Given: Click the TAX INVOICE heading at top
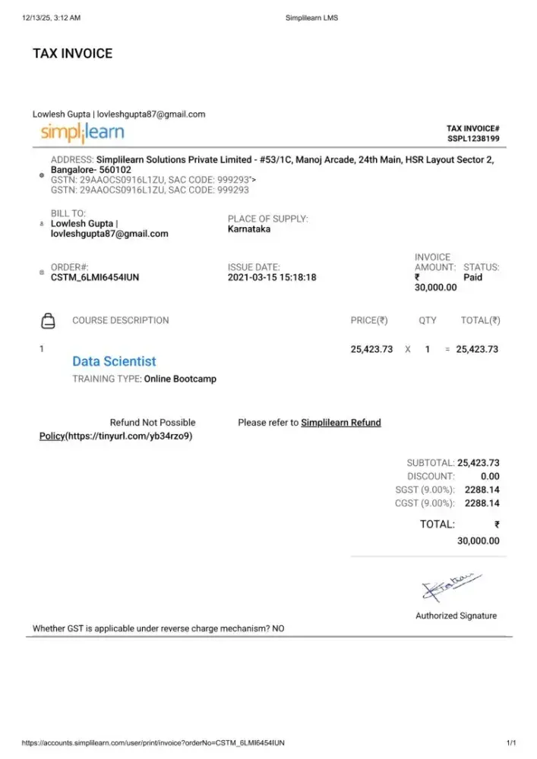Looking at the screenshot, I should [x=72, y=53].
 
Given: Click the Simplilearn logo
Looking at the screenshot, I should [x=83, y=133].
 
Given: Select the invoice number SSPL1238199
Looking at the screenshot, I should [x=472, y=139].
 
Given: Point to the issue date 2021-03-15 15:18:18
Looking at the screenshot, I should [x=272, y=278].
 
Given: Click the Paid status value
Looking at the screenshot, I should [x=472, y=278].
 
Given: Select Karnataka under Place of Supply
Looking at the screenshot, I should [x=249, y=229].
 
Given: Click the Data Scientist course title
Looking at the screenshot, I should [x=114, y=361].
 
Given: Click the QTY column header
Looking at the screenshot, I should [x=428, y=320].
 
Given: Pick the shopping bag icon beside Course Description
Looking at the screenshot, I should [x=47, y=320].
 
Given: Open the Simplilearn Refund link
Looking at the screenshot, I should [x=341, y=423].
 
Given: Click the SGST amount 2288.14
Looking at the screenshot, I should [x=482, y=490].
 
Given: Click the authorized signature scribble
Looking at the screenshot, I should [x=448, y=586].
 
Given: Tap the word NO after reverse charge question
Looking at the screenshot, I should [x=278, y=629].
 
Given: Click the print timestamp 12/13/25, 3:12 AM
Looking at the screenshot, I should [x=52, y=17].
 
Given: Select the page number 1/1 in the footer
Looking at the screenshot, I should [x=511, y=742].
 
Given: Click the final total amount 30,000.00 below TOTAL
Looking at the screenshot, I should [x=479, y=541].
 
